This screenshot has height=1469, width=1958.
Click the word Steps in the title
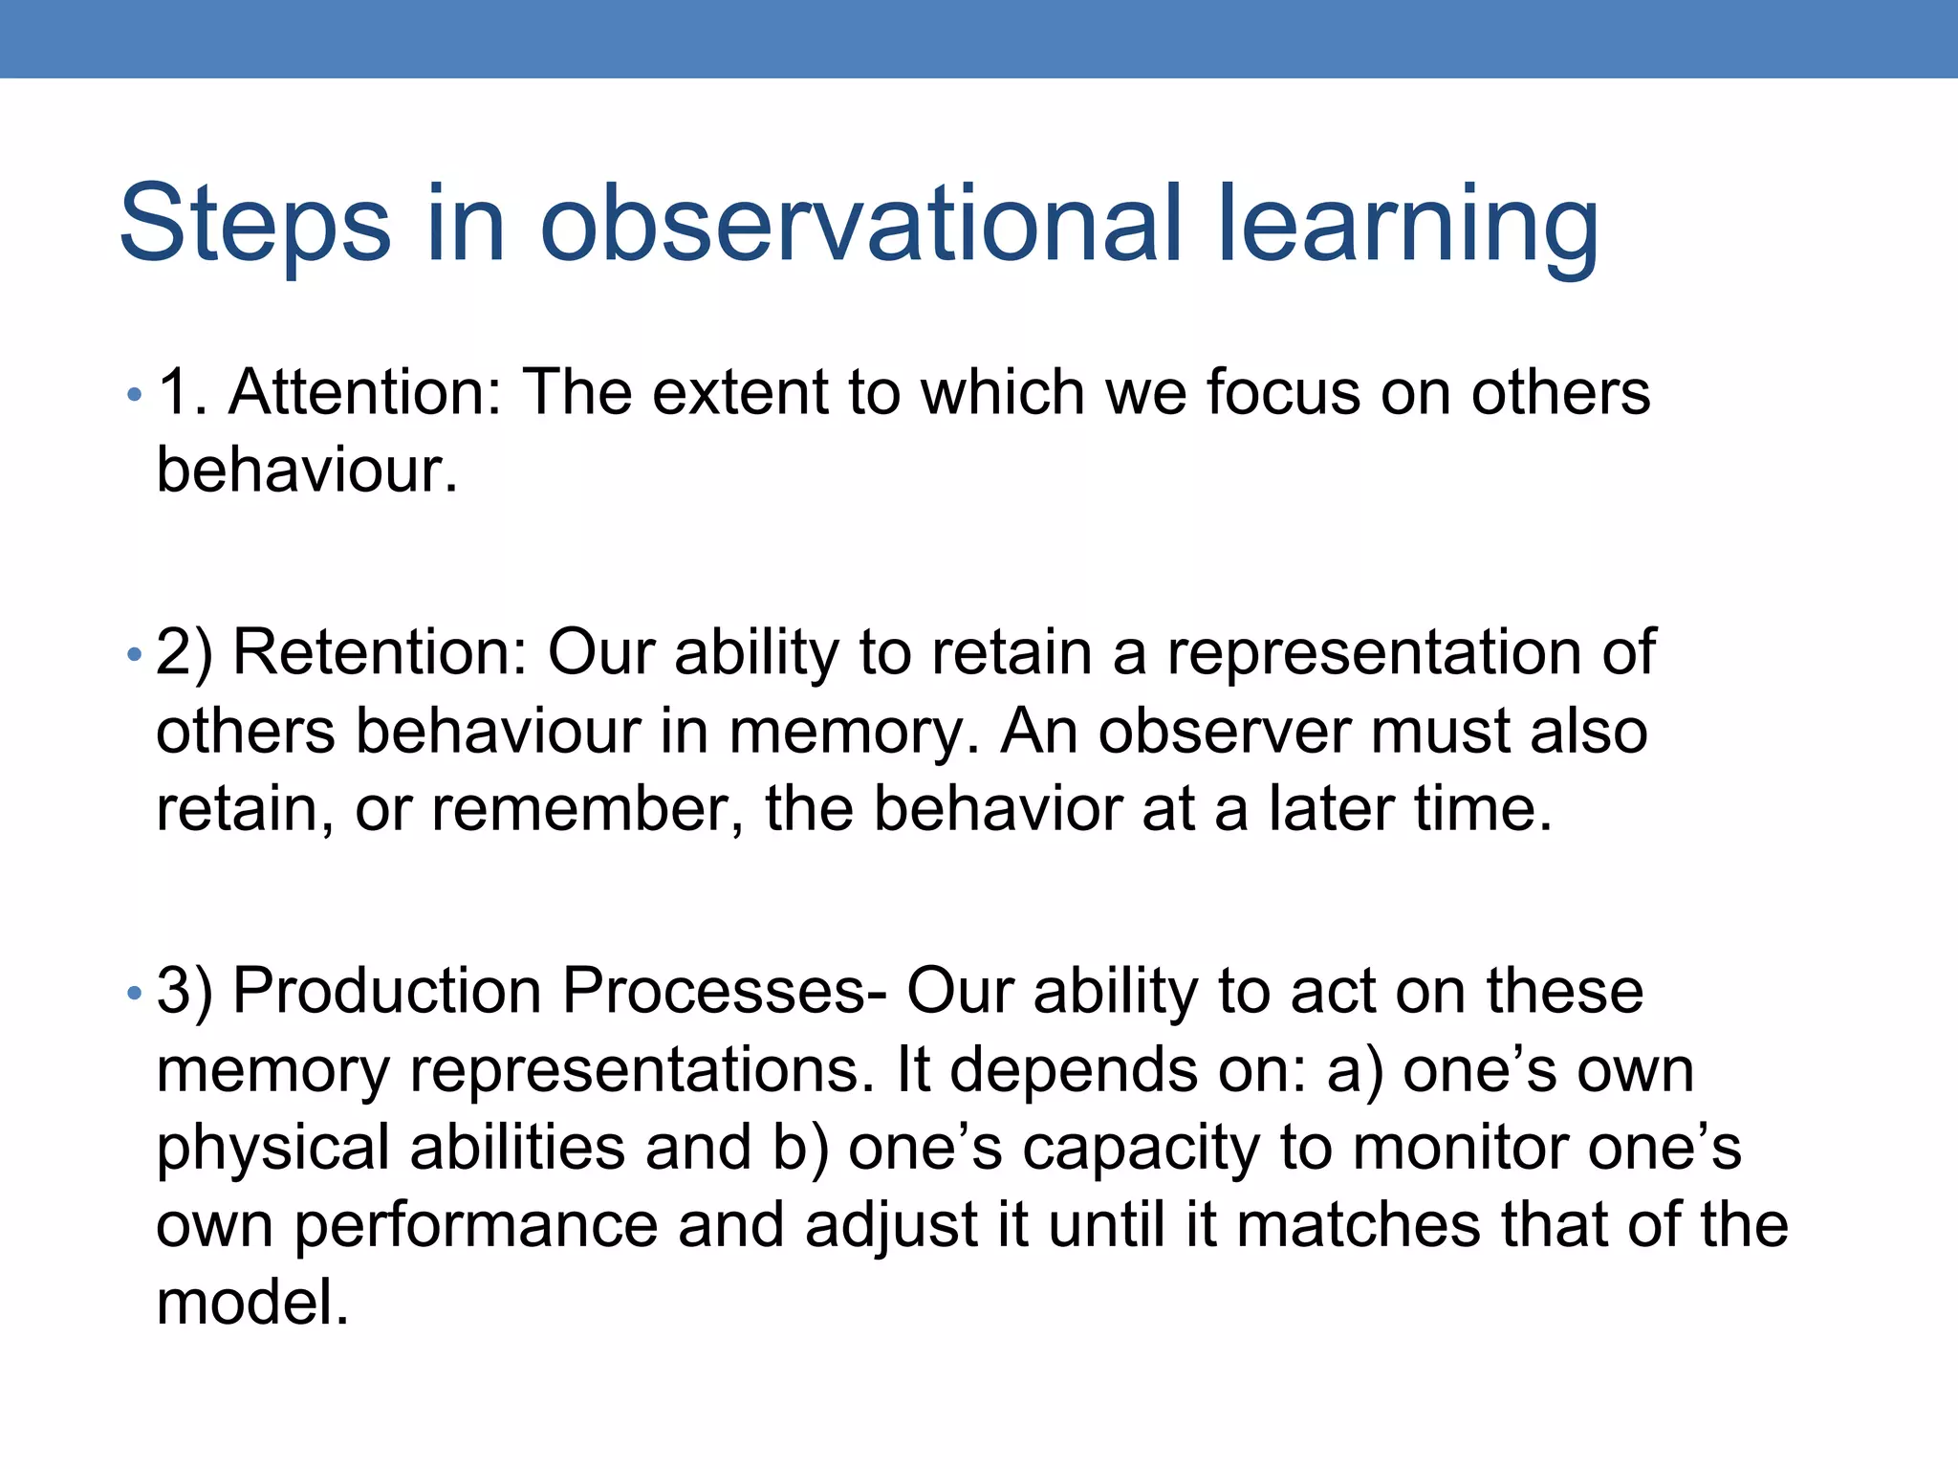pyautogui.click(x=254, y=224)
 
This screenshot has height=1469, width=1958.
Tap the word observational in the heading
pyautogui.click(x=861, y=224)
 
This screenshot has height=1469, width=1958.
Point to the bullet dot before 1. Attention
pyautogui.click(x=135, y=395)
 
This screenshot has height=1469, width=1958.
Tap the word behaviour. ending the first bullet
pyautogui.click(x=307, y=471)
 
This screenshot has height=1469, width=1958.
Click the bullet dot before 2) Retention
pyautogui.click(x=135, y=655)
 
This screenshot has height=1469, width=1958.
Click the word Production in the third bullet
pyautogui.click(x=387, y=991)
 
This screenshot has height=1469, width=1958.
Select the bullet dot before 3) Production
pyautogui.click(x=135, y=994)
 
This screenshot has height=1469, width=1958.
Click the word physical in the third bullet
pyautogui.click(x=272, y=1149)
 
